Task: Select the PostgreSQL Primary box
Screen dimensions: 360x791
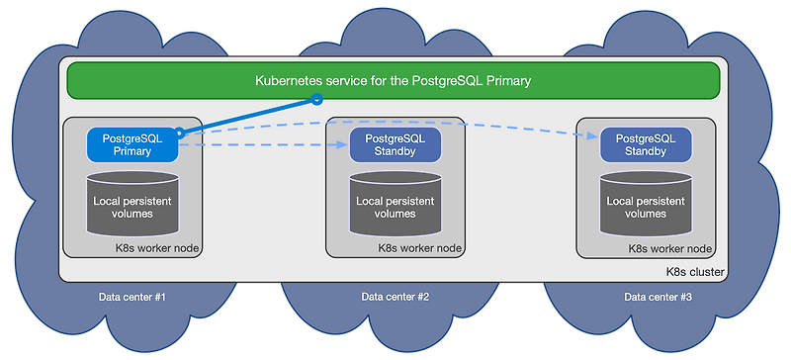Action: click(x=132, y=144)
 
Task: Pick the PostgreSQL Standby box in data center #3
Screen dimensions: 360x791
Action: click(x=645, y=144)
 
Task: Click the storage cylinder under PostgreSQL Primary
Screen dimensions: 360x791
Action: click(x=132, y=205)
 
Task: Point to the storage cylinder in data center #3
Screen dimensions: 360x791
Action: click(x=645, y=205)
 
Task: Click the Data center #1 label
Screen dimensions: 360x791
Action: click(x=132, y=297)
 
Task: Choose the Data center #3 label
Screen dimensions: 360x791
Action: click(x=658, y=297)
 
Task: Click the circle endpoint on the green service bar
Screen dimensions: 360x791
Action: click(x=317, y=99)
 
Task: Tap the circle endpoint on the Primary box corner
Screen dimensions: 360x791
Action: click(x=179, y=132)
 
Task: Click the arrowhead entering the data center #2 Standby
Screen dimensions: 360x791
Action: click(x=343, y=144)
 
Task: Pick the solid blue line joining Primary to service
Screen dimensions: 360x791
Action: click(x=247, y=115)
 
